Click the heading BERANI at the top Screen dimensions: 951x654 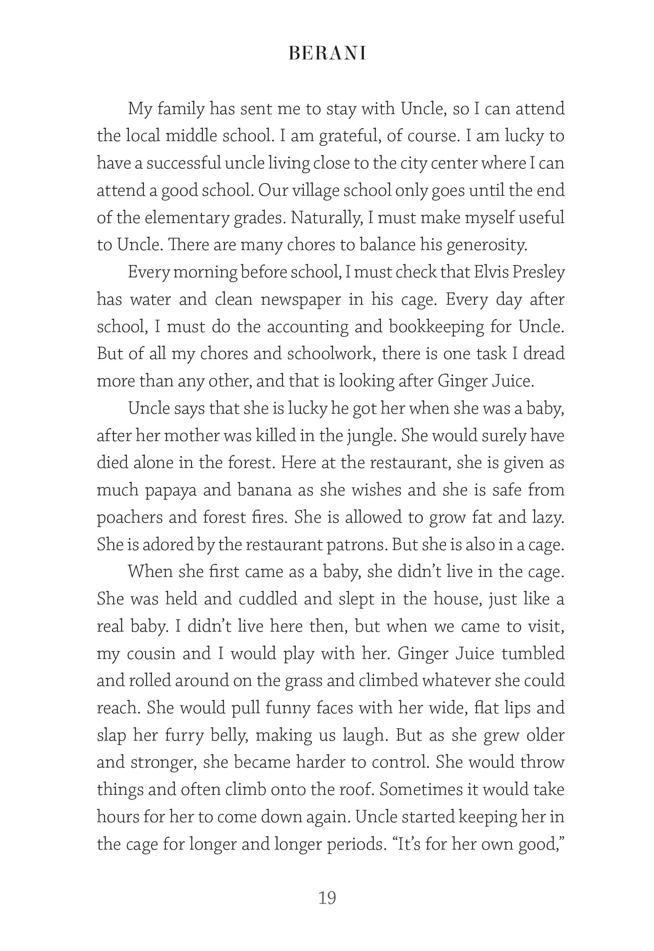(x=327, y=54)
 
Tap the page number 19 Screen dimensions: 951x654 (x=327, y=898)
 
